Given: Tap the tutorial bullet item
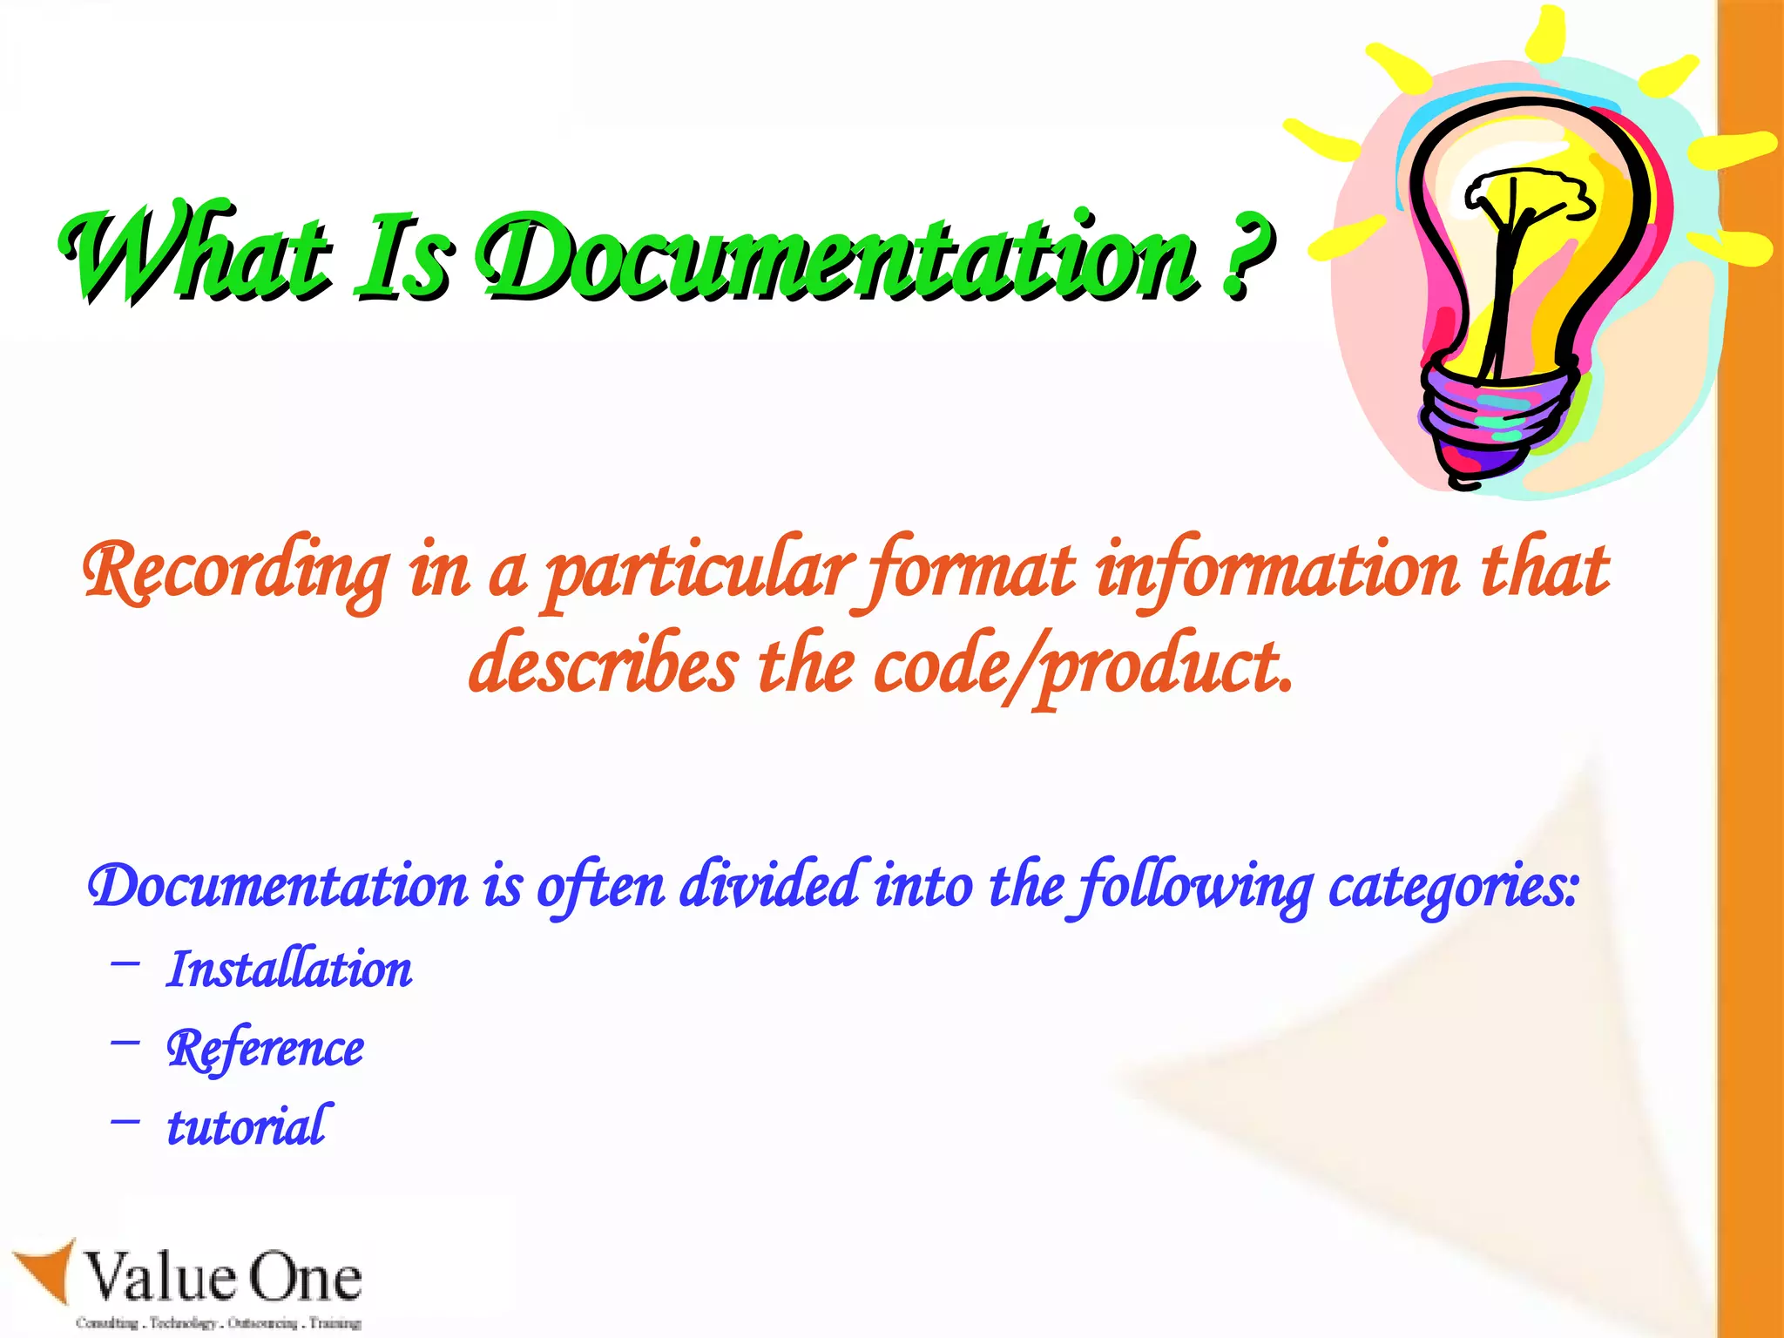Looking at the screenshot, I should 248,1126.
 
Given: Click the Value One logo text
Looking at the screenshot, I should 222,1279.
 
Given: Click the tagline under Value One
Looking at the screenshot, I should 218,1323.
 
